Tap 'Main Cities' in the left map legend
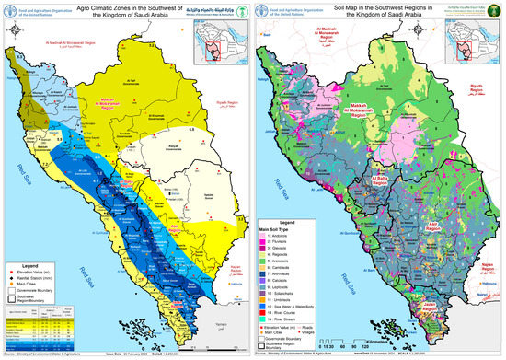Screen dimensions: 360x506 [33, 279]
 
